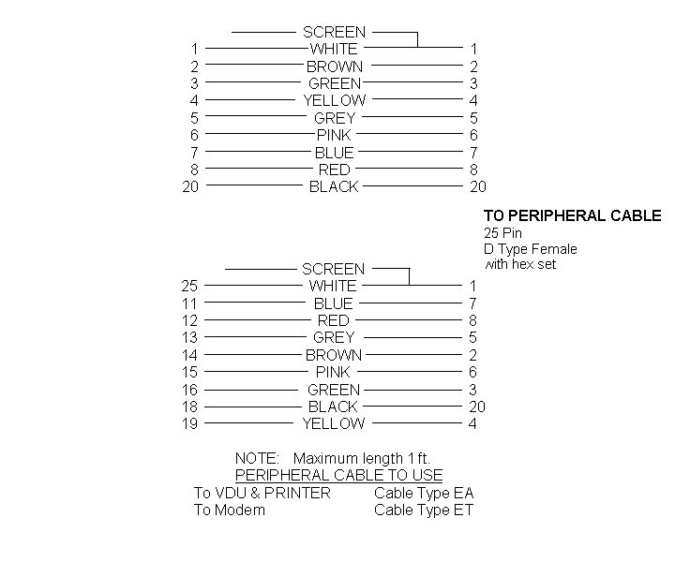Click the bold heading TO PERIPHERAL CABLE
(572, 215)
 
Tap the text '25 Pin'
(502, 233)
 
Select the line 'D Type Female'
(531, 249)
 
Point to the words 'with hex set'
(520, 264)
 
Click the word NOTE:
(257, 458)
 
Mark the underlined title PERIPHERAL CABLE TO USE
(338, 475)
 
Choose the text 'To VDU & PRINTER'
(262, 493)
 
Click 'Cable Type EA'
(424, 493)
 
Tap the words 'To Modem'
(230, 510)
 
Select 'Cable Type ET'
(424, 510)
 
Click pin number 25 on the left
(189, 286)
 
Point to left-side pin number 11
(189, 303)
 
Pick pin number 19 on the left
(189, 423)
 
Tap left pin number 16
(189, 390)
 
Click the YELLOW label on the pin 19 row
(334, 423)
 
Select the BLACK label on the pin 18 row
(333, 407)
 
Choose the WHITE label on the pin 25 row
(333, 286)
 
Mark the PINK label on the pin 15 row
(333, 372)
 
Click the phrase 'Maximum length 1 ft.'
(362, 458)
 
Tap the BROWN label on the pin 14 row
(334, 355)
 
